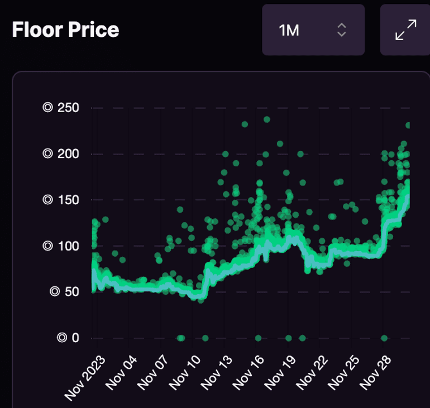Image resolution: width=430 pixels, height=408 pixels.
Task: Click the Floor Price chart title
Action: (65, 30)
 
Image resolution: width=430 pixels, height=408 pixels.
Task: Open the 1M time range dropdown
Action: (313, 30)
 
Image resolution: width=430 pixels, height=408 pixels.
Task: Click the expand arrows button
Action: (405, 30)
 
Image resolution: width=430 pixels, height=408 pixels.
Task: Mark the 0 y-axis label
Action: (69, 338)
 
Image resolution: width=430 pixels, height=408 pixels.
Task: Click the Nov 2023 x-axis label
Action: (80, 377)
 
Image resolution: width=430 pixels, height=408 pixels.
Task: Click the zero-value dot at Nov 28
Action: (384, 338)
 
